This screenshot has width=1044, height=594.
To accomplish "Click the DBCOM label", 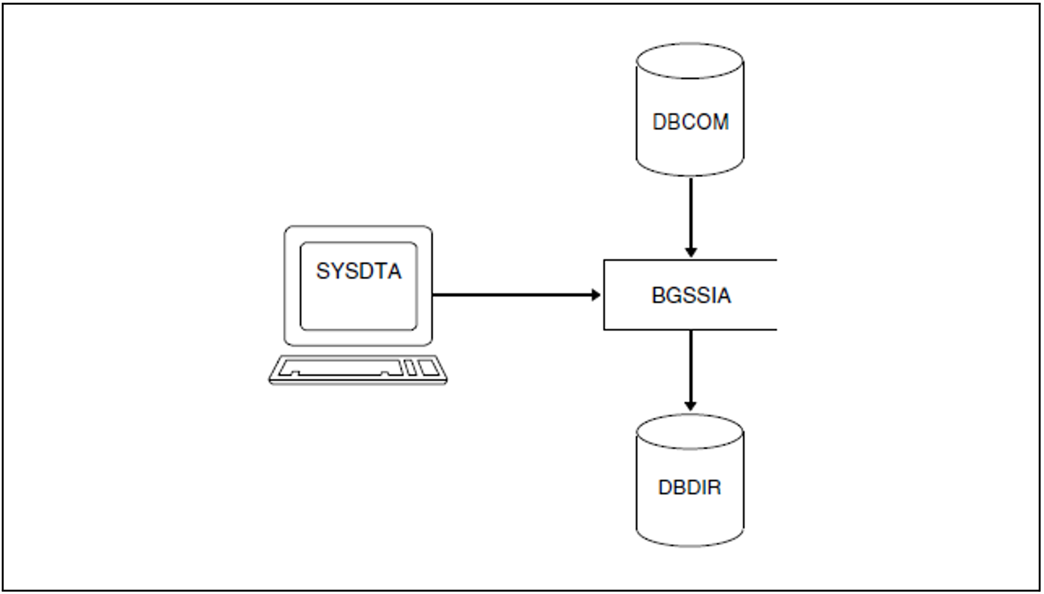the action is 690,122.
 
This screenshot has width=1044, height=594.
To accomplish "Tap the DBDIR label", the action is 690,488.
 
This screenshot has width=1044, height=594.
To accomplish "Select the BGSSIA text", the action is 691,295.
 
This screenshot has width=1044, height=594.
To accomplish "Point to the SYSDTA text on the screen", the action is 359,271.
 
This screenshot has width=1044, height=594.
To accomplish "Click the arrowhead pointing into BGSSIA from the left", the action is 596,295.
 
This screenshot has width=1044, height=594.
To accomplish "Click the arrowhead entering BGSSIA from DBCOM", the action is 691,252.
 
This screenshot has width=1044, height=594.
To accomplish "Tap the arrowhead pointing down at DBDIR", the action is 690,406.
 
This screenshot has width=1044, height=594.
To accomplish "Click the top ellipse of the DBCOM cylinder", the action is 690,61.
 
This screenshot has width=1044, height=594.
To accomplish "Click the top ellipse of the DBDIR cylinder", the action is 690,432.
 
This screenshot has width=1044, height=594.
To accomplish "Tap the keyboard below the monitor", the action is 358,370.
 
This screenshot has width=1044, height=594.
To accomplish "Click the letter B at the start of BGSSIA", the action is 659,295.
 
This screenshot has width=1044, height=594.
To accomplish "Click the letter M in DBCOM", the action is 721,122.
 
